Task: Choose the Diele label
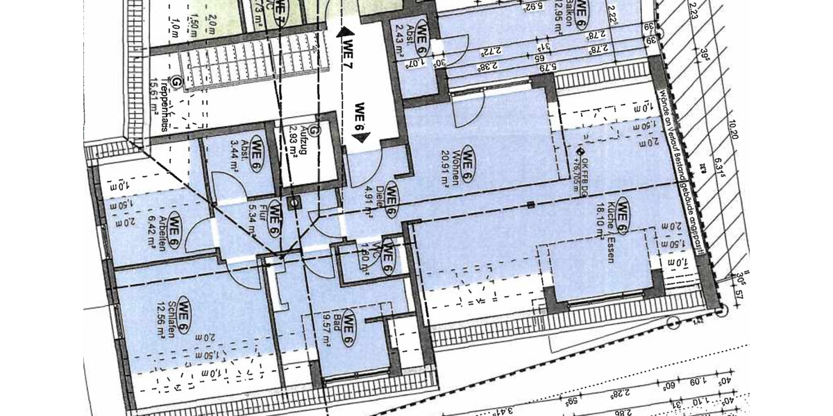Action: [x=381, y=202]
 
